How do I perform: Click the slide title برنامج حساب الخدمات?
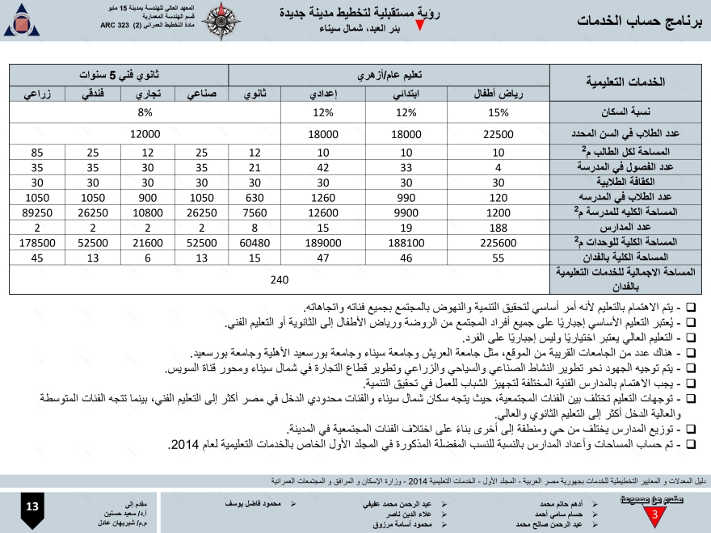(x=638, y=21)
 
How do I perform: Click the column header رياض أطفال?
(x=499, y=94)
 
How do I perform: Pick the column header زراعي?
(x=36, y=94)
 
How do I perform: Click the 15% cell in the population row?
(x=499, y=113)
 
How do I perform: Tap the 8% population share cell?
(x=145, y=113)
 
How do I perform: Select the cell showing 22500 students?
(x=499, y=133)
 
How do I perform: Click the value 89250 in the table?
(x=36, y=212)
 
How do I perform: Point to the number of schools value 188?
(x=499, y=227)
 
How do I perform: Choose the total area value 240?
(x=280, y=279)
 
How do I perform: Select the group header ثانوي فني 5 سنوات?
(x=119, y=74)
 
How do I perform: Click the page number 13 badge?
(x=32, y=507)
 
